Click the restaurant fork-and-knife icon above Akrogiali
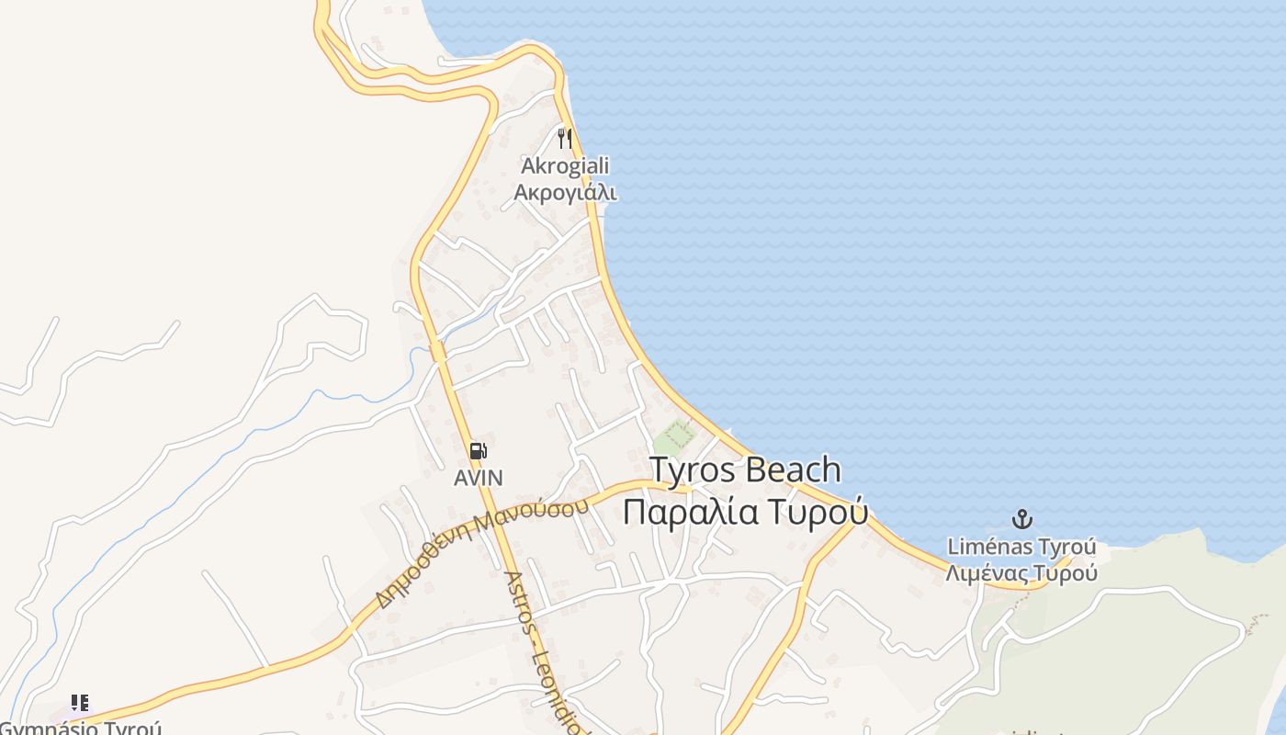(x=565, y=139)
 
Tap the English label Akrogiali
(x=565, y=166)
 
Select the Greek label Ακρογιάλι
(x=565, y=192)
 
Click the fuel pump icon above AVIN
(x=478, y=450)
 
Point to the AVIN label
(x=479, y=478)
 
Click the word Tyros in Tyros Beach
(x=693, y=469)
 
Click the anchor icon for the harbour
(x=1021, y=519)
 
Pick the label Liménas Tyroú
(x=1021, y=548)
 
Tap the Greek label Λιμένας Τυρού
(x=1021, y=573)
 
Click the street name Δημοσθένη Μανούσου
(x=482, y=554)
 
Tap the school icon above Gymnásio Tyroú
(x=80, y=703)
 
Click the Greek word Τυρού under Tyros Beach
(x=818, y=512)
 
